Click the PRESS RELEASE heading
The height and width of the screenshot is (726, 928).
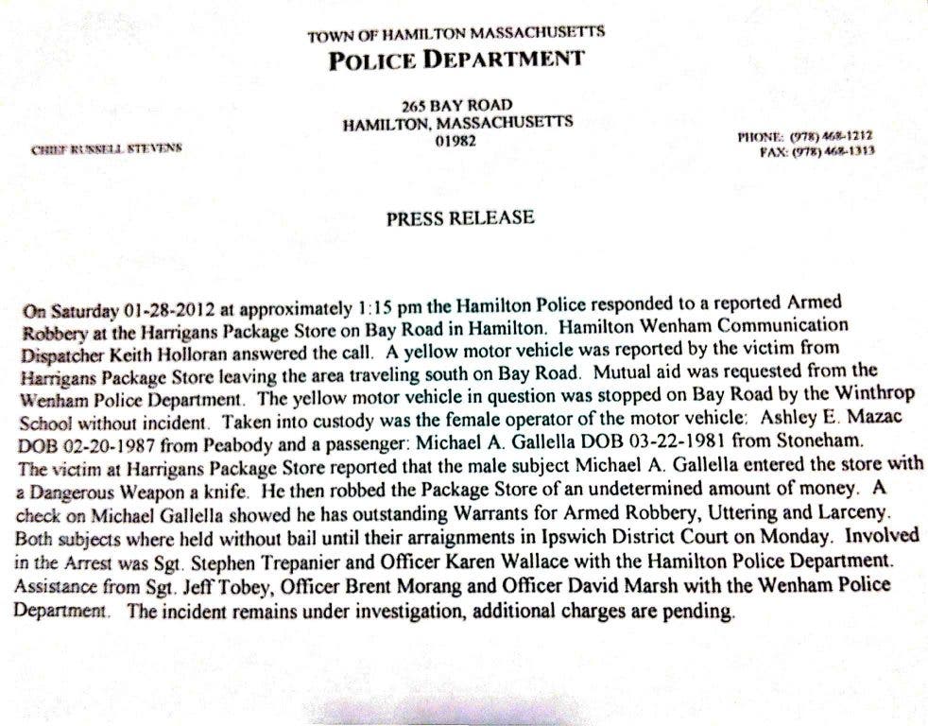point(460,218)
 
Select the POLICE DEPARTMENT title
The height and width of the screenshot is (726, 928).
point(456,60)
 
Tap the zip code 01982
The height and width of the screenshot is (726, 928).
point(456,142)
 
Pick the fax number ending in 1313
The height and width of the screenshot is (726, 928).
point(832,150)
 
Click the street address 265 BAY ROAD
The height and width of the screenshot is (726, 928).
point(456,104)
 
